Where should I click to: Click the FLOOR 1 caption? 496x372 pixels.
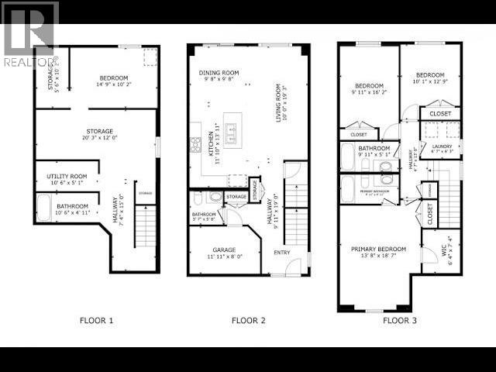97,320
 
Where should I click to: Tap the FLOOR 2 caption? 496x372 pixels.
249,320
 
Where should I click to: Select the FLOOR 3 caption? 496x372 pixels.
400,320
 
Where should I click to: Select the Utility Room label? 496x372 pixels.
65,180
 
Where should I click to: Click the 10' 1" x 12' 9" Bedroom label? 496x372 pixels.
429,78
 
